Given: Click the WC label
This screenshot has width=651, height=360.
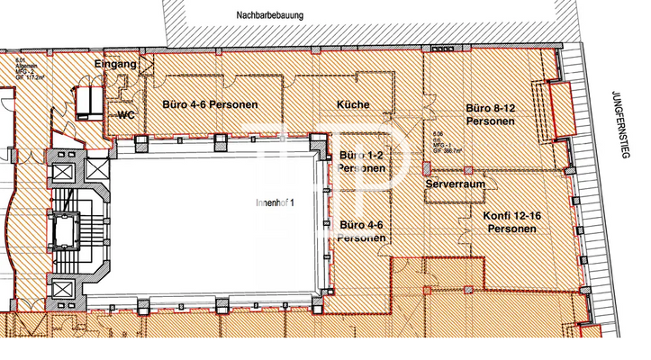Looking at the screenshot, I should [x=125, y=115].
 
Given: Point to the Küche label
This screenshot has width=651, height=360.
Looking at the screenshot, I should [x=352, y=104].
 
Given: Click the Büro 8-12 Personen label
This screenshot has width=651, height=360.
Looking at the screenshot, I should [x=490, y=114].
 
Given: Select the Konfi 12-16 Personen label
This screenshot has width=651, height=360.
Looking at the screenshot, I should [x=511, y=222].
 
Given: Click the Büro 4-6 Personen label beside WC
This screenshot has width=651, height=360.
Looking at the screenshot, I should [x=210, y=104].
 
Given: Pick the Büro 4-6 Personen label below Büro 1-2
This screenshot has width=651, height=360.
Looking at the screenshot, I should [x=362, y=230].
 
